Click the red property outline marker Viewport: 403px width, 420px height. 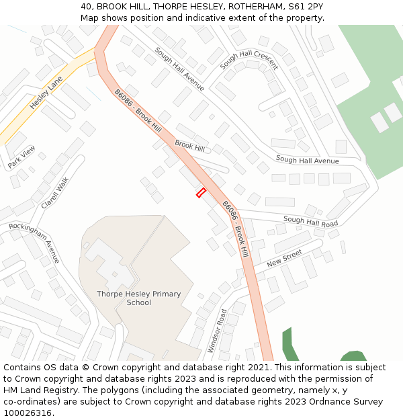tap(200, 193)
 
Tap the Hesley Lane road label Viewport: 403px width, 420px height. tap(46, 93)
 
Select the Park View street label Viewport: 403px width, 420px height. tap(21, 157)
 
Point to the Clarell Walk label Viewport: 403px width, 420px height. tap(54, 193)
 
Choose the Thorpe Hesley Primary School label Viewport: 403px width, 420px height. tap(138, 298)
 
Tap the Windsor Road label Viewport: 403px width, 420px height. tap(218, 331)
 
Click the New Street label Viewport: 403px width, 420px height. tap(285, 257)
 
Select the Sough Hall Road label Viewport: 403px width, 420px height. tap(310, 221)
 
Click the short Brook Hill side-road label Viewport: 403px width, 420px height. tap(189, 146)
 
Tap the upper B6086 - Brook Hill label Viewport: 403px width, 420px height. tap(138, 111)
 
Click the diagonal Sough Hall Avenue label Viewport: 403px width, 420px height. tap(179, 69)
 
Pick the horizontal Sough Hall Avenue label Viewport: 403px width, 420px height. tap(307, 161)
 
